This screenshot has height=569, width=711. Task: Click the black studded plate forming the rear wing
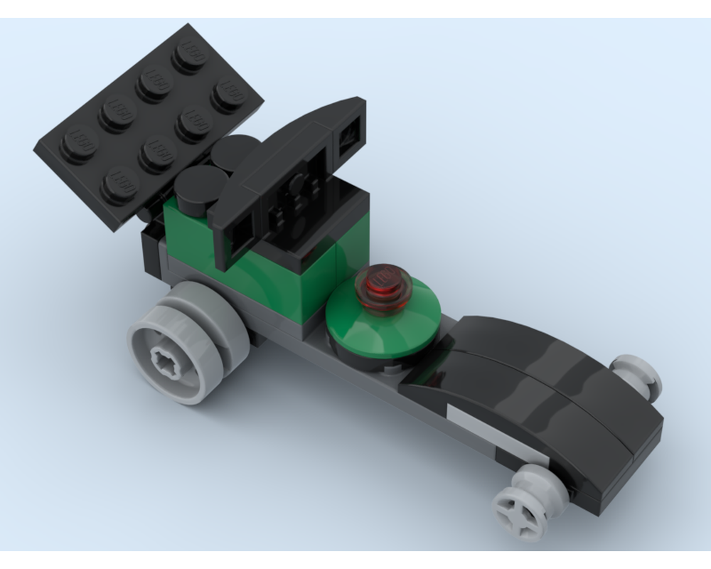coord(149,121)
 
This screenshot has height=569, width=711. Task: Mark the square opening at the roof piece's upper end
coord(349,134)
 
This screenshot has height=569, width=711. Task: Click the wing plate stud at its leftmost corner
coord(76,142)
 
